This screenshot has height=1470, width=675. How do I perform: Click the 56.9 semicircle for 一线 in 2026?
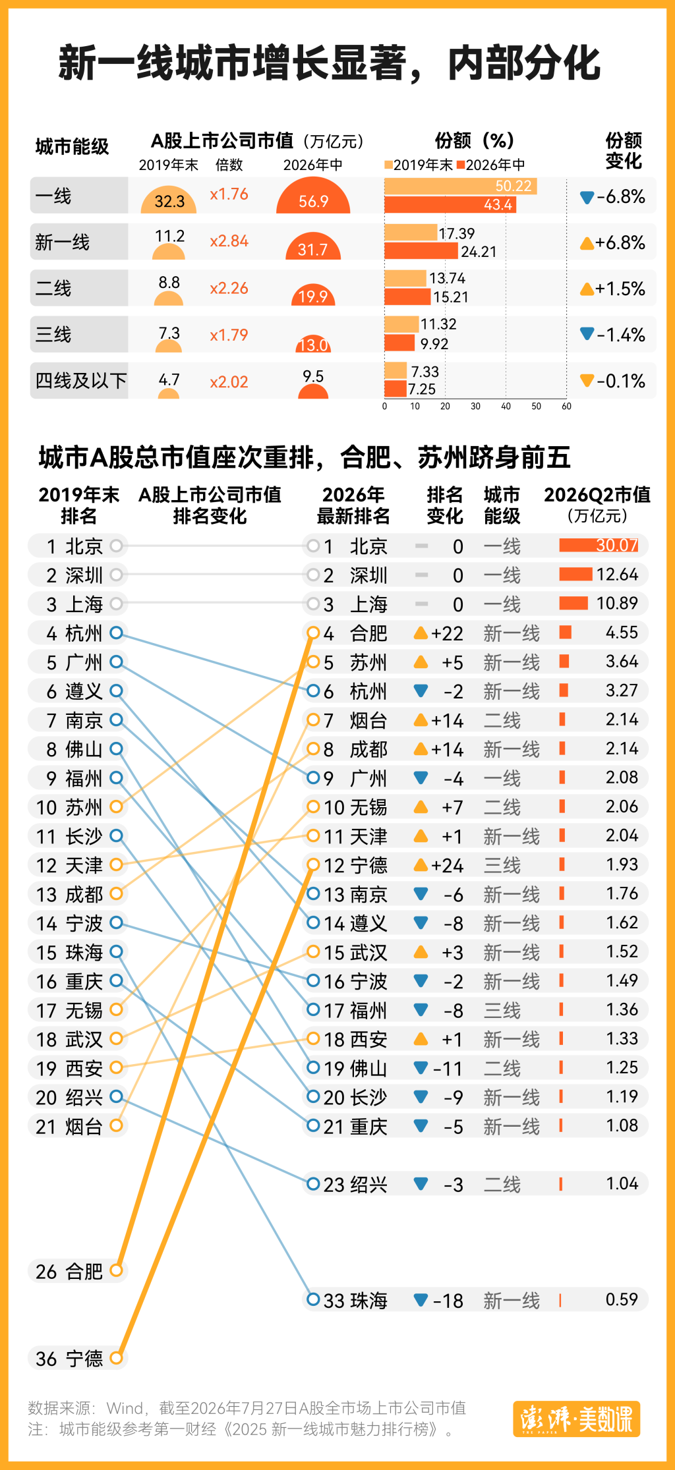(x=313, y=196)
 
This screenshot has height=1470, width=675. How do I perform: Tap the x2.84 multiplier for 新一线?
(x=229, y=241)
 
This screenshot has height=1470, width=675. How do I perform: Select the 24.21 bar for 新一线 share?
(x=421, y=251)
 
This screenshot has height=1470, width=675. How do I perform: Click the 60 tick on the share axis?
(x=566, y=407)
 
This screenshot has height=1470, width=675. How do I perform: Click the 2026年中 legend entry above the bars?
(x=491, y=165)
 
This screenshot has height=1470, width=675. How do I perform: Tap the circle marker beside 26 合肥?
(x=116, y=1270)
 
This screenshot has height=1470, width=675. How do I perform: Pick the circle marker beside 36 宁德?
(x=116, y=1357)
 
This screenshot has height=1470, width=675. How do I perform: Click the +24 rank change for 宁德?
(x=447, y=865)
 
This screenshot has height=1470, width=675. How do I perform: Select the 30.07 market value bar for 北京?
(x=599, y=545)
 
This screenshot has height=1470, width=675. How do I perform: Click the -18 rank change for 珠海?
(x=448, y=1301)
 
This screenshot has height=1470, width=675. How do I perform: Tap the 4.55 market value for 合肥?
(x=622, y=633)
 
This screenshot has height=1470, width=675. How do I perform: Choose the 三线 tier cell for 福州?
(x=502, y=1010)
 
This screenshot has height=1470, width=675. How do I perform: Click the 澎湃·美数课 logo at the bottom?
(x=577, y=1419)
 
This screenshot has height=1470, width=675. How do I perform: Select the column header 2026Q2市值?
(x=597, y=495)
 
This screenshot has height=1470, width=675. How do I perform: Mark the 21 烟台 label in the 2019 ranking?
(x=69, y=1126)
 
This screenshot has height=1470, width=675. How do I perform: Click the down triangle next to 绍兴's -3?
(x=421, y=1183)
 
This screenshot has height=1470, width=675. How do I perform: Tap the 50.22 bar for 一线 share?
(x=461, y=186)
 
